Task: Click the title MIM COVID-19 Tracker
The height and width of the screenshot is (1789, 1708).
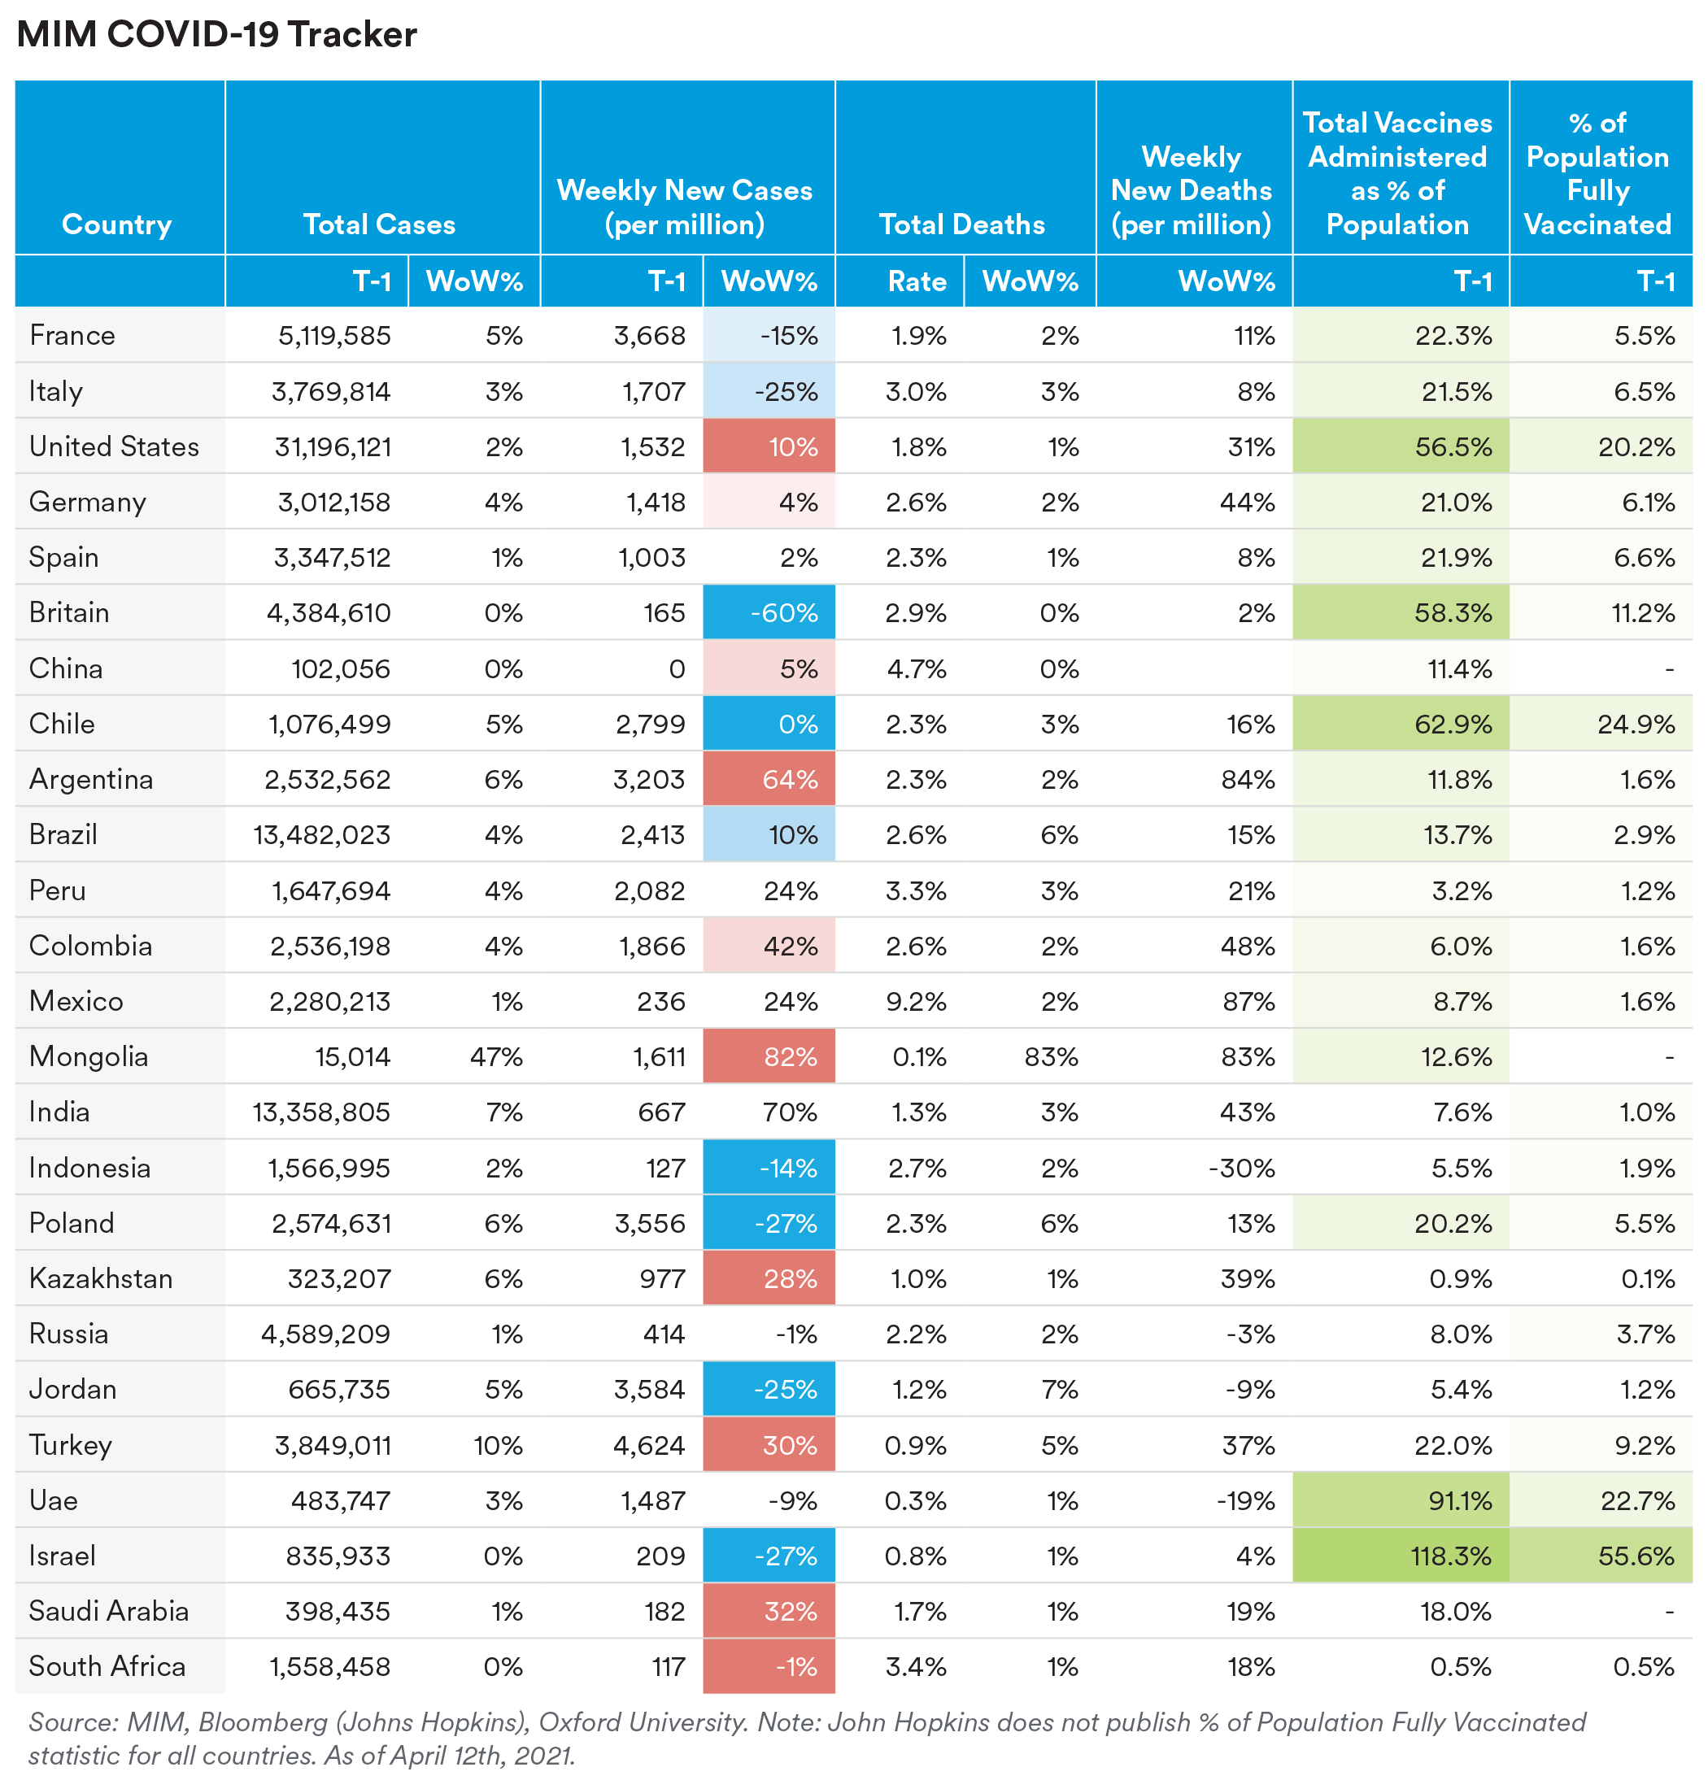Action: pos(216,35)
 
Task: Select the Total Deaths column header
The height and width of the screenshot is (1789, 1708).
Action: pos(961,224)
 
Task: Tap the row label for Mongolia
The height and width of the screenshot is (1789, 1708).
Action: pos(89,1056)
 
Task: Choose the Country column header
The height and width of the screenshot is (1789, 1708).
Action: pos(116,224)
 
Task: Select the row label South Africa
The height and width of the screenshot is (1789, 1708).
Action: pos(107,1666)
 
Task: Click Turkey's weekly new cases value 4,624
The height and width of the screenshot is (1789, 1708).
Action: pos(648,1445)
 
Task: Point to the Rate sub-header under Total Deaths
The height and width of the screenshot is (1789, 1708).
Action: pos(917,281)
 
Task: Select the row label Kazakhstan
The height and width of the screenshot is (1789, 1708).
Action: pos(101,1278)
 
